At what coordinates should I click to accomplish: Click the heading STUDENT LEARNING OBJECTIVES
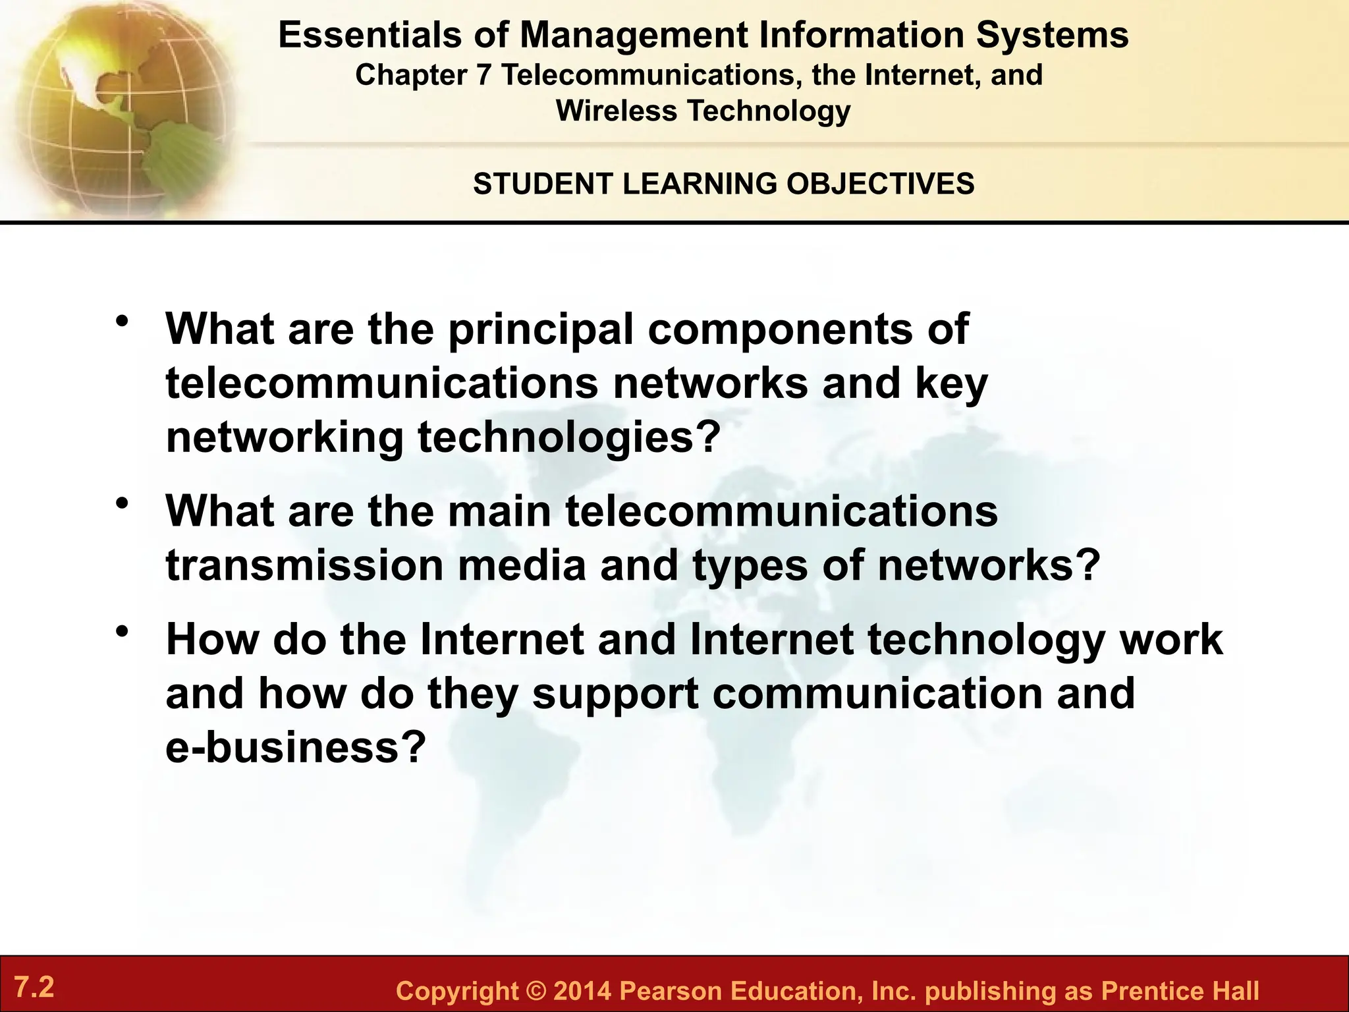click(x=723, y=183)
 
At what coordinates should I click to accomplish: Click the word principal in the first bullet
click(x=541, y=329)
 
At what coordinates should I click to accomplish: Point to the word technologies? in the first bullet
click(x=567, y=438)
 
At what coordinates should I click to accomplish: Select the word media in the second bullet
click(x=521, y=565)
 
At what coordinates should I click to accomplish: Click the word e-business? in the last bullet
click(x=293, y=748)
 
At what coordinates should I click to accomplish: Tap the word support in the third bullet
click(x=615, y=694)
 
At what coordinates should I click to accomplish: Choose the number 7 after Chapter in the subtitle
click(x=483, y=75)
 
